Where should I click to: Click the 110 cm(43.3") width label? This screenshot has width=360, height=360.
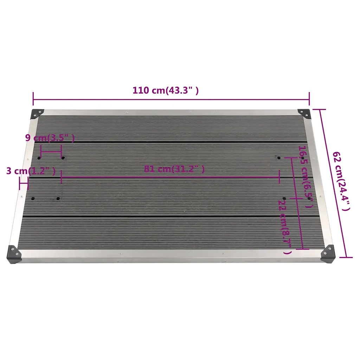tap(166, 90)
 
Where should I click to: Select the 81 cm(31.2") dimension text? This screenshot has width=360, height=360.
tap(174, 169)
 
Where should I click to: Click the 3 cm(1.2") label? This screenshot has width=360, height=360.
tap(31, 171)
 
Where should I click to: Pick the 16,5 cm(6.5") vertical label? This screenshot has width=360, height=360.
tap(304, 176)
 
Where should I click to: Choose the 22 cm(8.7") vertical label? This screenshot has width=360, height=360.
tap(284, 227)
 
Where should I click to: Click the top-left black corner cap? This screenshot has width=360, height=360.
tap(37, 114)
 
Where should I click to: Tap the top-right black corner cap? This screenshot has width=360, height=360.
tap(304, 113)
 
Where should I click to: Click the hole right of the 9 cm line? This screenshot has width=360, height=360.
tap(63, 158)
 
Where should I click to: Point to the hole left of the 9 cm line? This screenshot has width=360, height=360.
tap(39, 158)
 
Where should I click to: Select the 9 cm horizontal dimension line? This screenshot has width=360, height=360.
tap(51, 152)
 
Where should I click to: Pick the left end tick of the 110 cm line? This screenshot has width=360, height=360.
tap(33, 98)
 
